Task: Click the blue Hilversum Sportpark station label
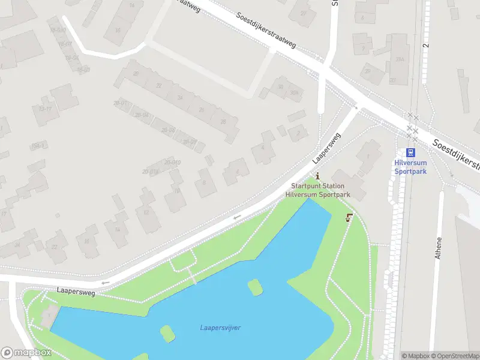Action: pyautogui.click(x=410, y=167)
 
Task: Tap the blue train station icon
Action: pyautogui.click(x=411, y=152)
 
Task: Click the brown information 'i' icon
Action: pyautogui.click(x=317, y=176)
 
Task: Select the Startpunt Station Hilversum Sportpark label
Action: pyautogui.click(x=317, y=190)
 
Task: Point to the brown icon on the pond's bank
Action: pyautogui.click(x=349, y=218)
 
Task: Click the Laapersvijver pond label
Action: pyautogui.click(x=220, y=328)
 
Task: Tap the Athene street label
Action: pyautogui.click(x=439, y=248)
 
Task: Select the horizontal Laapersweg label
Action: pyautogui.click(x=76, y=290)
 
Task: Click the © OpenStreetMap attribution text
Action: pyautogui.click(x=454, y=356)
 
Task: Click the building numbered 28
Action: pyautogui.click(x=223, y=122)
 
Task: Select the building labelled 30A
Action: pyautogui.click(x=293, y=92)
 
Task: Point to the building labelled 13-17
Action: pyautogui.click(x=44, y=109)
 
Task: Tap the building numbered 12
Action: pyautogui.click(x=146, y=212)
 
